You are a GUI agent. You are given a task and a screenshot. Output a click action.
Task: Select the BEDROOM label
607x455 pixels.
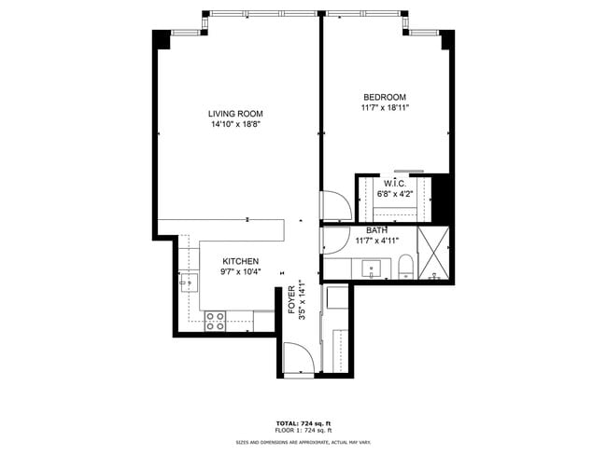click(x=385, y=97)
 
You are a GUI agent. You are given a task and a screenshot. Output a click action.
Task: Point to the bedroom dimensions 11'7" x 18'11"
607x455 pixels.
click(x=385, y=107)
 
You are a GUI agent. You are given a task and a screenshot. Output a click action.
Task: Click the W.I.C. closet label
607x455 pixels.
click(x=392, y=184)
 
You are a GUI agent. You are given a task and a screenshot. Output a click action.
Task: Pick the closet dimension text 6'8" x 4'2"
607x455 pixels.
click(x=392, y=194)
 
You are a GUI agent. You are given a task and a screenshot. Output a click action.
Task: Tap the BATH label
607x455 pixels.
click(x=377, y=230)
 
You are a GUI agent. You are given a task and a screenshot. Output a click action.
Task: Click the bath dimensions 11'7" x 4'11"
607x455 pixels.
click(x=377, y=241)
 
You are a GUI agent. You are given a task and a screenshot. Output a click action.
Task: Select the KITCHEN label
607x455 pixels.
click(x=240, y=262)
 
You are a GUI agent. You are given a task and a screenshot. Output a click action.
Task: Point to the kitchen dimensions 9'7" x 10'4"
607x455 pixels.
click(x=240, y=272)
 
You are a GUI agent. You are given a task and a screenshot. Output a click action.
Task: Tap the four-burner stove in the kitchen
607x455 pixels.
click(x=216, y=321)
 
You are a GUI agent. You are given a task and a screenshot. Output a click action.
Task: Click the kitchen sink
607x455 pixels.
click(x=190, y=279)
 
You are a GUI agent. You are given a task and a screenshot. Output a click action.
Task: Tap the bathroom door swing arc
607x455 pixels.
click(x=333, y=240)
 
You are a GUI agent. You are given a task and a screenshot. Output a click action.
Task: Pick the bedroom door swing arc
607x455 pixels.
click(x=333, y=206)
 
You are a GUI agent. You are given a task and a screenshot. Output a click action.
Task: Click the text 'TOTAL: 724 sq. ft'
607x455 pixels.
click(x=303, y=422)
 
